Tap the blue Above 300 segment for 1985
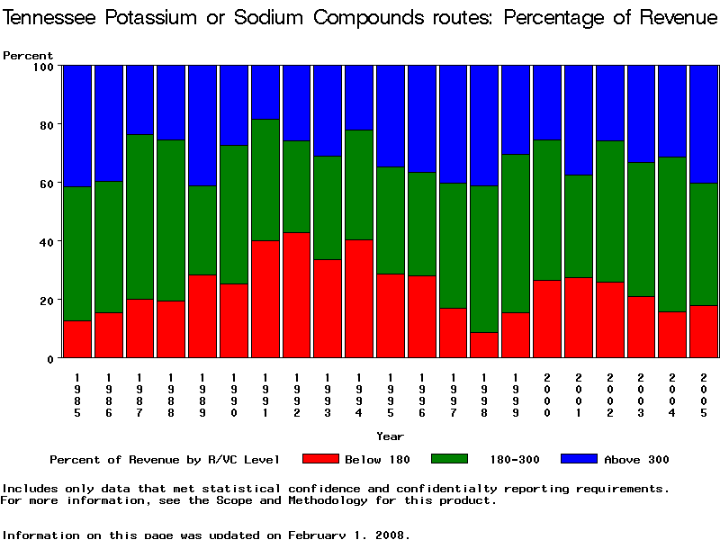point(77,126)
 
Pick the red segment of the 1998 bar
point(484,346)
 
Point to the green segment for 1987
point(139,217)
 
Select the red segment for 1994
point(358,299)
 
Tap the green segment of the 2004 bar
point(672,235)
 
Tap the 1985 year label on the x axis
point(77,396)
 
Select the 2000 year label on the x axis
point(547,396)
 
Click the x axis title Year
point(390,436)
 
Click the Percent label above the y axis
point(28,56)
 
